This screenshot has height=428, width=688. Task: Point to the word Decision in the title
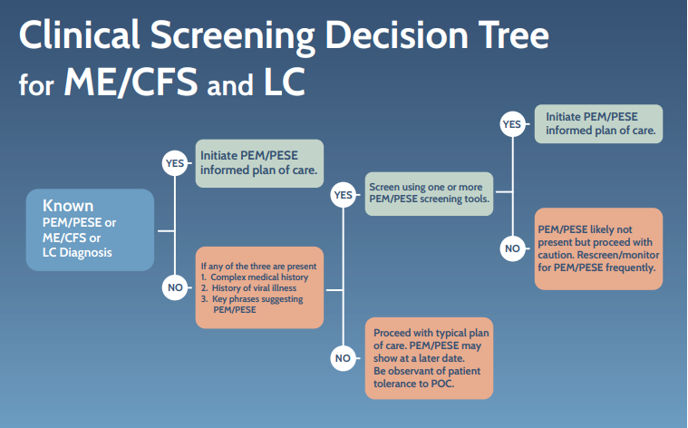click(x=397, y=35)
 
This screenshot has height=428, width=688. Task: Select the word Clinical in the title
click(x=80, y=34)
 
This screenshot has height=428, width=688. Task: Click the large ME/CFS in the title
click(x=131, y=82)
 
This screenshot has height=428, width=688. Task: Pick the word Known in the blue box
click(x=68, y=206)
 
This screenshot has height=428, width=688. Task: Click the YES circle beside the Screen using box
click(x=344, y=195)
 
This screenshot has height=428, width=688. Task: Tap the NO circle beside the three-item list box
click(x=175, y=287)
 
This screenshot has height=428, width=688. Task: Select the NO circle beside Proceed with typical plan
click(x=343, y=358)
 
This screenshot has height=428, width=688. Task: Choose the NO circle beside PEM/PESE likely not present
click(x=512, y=248)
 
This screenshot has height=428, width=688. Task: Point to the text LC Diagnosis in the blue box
click(x=77, y=253)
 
